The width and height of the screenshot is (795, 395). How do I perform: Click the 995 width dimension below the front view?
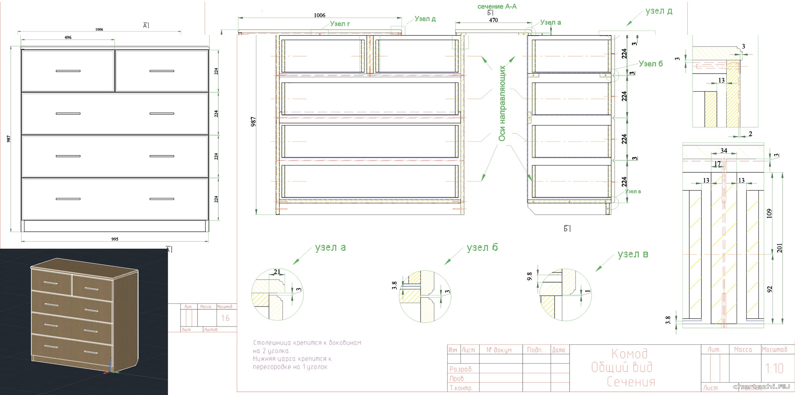pos(115,239)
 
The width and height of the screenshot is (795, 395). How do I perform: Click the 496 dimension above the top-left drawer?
pos(68,37)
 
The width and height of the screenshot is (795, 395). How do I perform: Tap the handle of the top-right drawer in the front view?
pos(162,71)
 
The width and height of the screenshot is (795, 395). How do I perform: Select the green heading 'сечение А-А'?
pos(497,6)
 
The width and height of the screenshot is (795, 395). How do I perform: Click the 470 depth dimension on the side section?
pos(493,20)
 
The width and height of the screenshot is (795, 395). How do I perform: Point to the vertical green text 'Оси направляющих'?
pos(502,103)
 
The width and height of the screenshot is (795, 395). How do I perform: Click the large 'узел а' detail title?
pos(330,247)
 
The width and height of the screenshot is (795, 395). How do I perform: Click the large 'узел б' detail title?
pos(482,247)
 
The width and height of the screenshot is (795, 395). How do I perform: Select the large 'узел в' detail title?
pos(633,254)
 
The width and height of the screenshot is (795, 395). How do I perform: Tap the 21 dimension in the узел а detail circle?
pos(277,272)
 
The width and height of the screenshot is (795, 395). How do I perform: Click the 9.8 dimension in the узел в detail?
pos(529,276)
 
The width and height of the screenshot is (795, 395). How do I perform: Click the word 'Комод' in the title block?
pos(629,353)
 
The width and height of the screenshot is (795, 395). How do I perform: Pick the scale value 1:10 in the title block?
pos(774,368)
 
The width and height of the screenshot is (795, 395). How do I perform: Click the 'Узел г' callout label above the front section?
pos(340,24)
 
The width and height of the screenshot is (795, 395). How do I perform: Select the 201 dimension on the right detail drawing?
pos(779,248)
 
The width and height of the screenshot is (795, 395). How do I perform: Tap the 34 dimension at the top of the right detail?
pos(723,151)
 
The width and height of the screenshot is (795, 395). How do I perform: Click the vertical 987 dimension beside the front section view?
pos(253,122)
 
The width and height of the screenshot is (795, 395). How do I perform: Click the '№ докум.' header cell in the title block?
pos(499,350)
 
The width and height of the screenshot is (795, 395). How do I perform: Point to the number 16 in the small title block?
pos(225,318)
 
